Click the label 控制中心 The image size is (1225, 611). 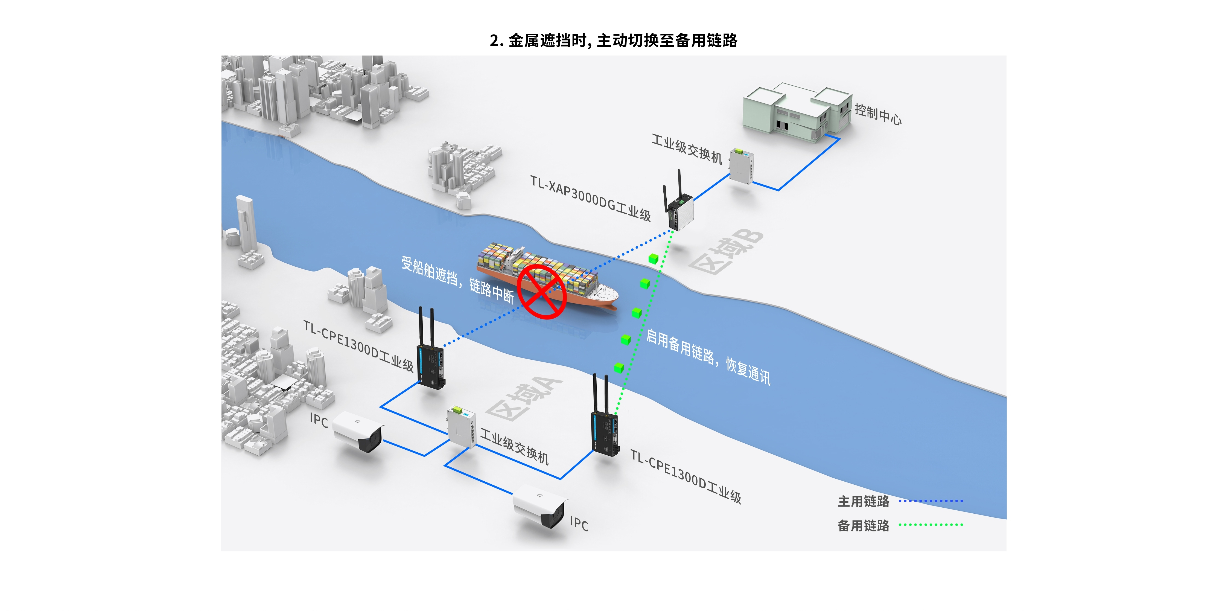878,114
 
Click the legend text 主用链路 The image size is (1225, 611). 863,501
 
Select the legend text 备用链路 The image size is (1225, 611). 863,525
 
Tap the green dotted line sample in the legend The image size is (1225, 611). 931,525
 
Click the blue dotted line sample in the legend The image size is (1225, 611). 931,501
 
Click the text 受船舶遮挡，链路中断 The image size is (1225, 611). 457,280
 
